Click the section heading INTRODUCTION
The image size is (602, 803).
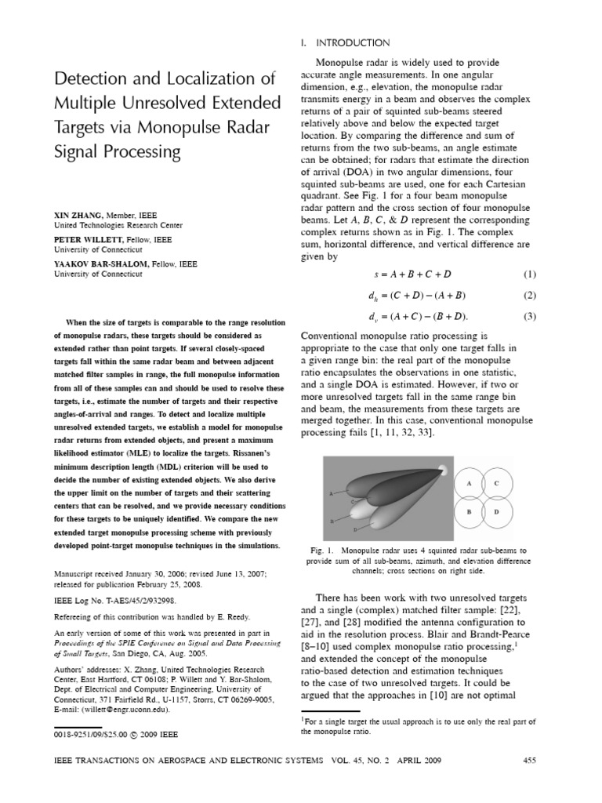(x=355, y=42)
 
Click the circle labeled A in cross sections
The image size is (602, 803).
(x=470, y=484)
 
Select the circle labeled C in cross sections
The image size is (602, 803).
(x=497, y=484)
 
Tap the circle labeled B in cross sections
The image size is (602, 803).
(x=470, y=511)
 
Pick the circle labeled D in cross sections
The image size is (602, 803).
(x=497, y=511)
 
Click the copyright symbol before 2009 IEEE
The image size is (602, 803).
(x=125, y=735)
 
